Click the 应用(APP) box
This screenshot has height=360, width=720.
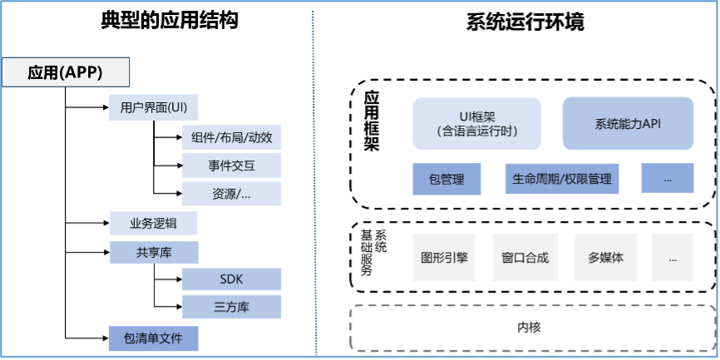click(x=65, y=72)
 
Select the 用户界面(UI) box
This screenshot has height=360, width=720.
click(x=154, y=108)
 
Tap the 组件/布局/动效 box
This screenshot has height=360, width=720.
click(x=232, y=138)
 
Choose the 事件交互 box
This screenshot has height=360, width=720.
click(x=232, y=166)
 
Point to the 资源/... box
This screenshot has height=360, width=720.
click(x=232, y=195)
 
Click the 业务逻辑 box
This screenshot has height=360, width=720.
click(x=154, y=224)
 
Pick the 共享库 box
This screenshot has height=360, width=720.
click(x=154, y=252)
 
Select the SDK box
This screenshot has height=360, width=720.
click(x=232, y=279)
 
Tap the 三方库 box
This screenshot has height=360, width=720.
click(x=232, y=307)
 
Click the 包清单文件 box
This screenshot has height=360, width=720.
click(x=154, y=338)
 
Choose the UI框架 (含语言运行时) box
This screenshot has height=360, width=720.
click(x=477, y=124)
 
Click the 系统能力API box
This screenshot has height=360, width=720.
click(x=628, y=124)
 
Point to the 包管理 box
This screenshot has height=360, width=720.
click(x=446, y=179)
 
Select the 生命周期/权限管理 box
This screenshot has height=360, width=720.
click(x=562, y=179)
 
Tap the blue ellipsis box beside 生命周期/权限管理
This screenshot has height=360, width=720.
click(x=667, y=179)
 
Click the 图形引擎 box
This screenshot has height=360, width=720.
click(x=445, y=258)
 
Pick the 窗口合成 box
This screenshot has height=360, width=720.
click(x=525, y=258)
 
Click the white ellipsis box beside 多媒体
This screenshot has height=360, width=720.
click(x=672, y=258)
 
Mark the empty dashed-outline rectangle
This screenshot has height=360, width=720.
click(x=532, y=328)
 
